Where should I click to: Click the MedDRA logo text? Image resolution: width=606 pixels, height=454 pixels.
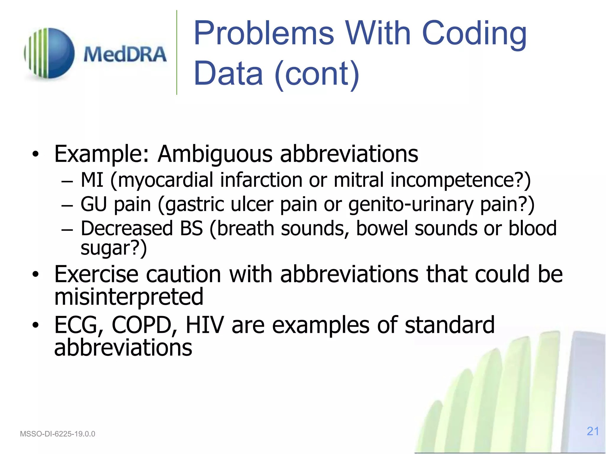pyautogui.click(x=125, y=55)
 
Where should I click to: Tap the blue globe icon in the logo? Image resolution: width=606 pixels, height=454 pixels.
pyautogui.click(x=50, y=53)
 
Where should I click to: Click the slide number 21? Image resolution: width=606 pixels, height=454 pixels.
pyautogui.click(x=593, y=431)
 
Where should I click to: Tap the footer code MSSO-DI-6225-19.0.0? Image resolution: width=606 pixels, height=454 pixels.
pyautogui.click(x=57, y=434)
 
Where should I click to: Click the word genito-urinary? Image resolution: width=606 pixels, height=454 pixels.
pyautogui.click(x=411, y=204)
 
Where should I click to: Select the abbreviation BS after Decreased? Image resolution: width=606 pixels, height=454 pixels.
pyautogui.click(x=191, y=228)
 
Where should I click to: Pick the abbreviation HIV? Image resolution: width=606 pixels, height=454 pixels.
pyautogui.click(x=204, y=325)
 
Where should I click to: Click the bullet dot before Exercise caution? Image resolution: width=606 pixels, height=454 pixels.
pyautogui.click(x=36, y=275)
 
